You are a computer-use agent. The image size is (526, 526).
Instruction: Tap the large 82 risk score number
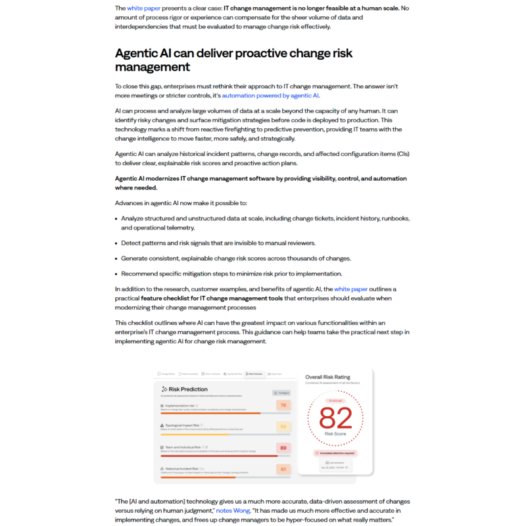[x=335, y=417]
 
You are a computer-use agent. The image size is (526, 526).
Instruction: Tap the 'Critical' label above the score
[x=335, y=400]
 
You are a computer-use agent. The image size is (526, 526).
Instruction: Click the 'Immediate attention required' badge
[x=335, y=453]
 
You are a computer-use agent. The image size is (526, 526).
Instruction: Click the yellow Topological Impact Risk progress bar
[x=195, y=435]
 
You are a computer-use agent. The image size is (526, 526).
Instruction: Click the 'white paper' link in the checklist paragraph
[x=351, y=289]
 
